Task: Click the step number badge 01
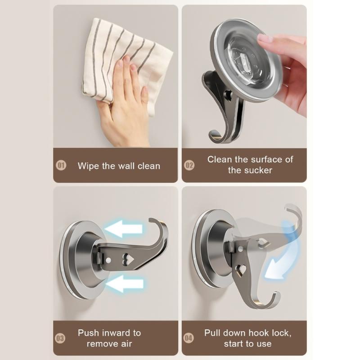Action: click(61, 166)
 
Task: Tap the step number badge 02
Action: click(189, 165)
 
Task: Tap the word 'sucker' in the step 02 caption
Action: click(258, 171)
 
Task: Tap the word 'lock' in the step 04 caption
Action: click(281, 333)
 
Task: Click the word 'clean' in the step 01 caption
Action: click(147, 166)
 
